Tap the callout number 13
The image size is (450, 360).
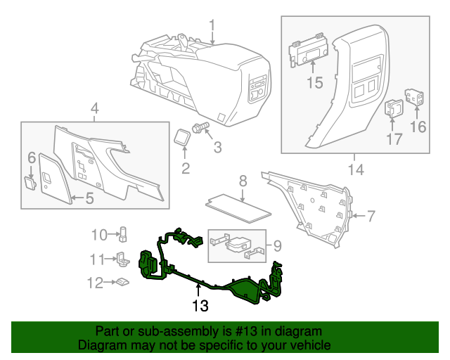click(x=200, y=306)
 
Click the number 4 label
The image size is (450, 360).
click(x=95, y=108)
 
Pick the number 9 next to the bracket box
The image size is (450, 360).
click(x=277, y=245)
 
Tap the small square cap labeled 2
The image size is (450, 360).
click(x=184, y=136)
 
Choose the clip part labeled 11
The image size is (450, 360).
click(x=122, y=259)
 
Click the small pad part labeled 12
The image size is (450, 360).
click(x=123, y=283)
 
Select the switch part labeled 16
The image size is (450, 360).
click(x=415, y=98)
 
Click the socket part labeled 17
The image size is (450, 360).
click(x=392, y=108)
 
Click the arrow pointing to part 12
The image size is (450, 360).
click(x=110, y=283)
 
